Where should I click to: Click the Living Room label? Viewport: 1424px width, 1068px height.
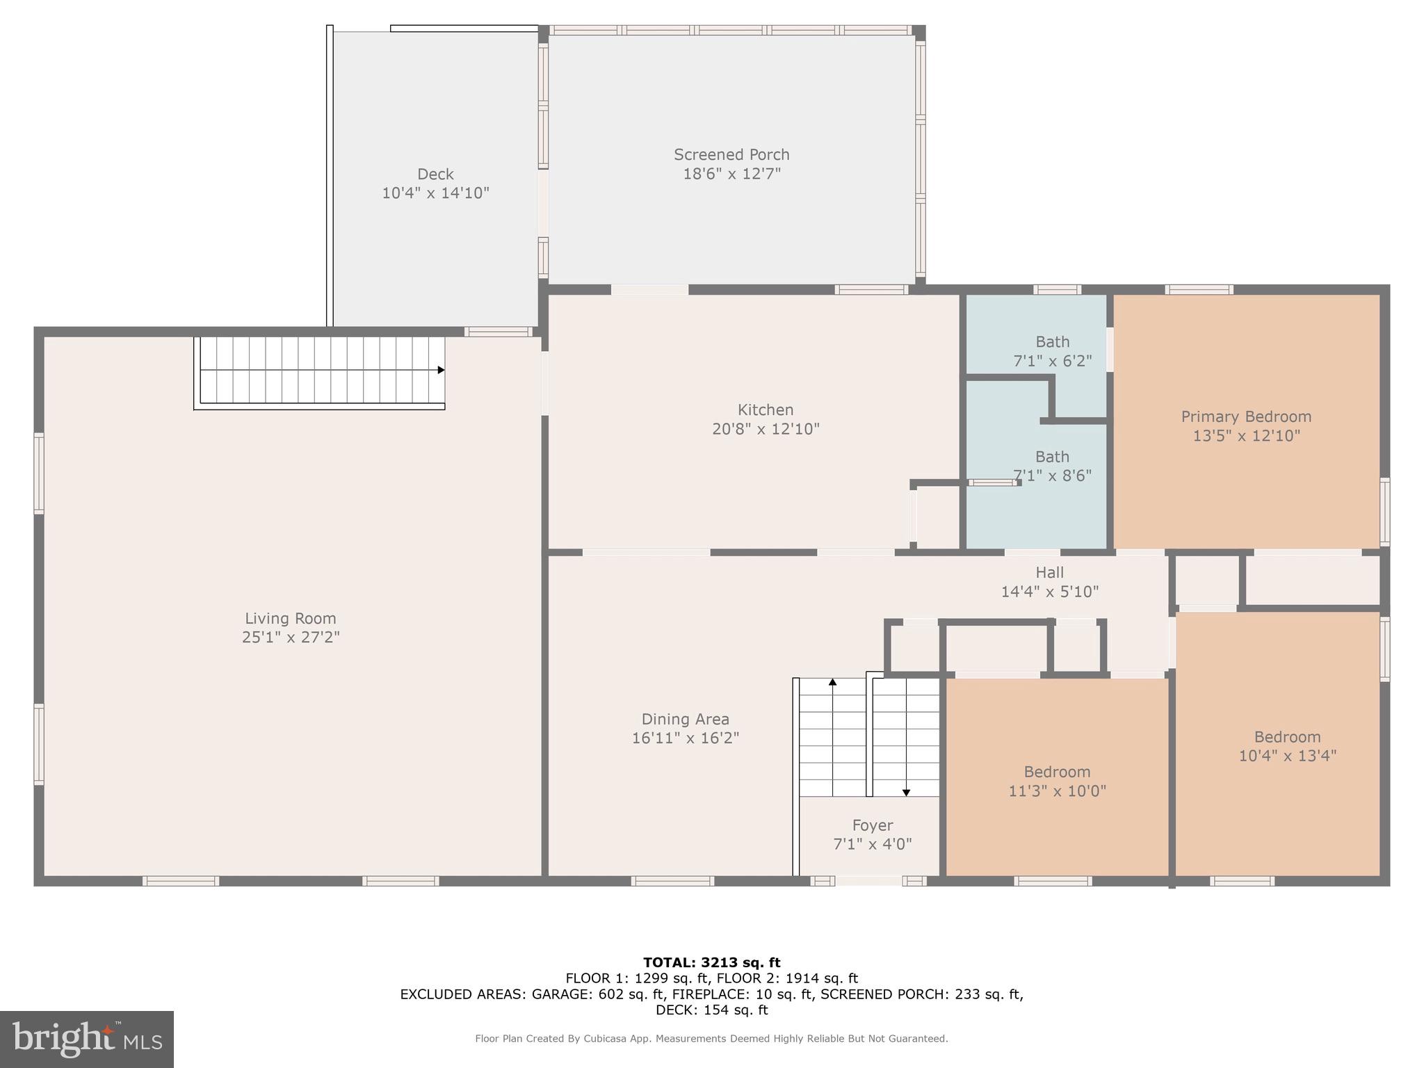click(x=290, y=618)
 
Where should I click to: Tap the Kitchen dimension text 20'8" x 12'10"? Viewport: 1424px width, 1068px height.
click(x=766, y=429)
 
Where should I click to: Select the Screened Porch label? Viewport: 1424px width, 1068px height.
click(x=731, y=154)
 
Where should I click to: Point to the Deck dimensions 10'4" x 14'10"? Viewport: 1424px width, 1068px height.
click(x=435, y=193)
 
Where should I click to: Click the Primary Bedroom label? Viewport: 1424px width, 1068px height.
click(x=1246, y=416)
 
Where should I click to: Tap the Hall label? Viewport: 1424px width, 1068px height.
click(x=1049, y=572)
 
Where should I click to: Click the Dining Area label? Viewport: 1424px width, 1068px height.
click(x=685, y=719)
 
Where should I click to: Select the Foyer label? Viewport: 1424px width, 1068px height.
click(x=872, y=825)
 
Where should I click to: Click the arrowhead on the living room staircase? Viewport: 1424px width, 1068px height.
click(x=441, y=370)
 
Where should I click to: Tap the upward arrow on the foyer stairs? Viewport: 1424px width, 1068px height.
click(x=832, y=682)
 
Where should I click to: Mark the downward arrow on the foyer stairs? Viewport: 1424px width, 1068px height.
click(x=906, y=792)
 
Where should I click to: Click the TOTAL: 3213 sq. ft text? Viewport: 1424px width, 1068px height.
click(x=711, y=962)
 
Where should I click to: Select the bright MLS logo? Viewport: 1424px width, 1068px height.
click(x=87, y=1039)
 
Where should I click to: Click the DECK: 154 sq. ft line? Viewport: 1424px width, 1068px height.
click(x=711, y=1010)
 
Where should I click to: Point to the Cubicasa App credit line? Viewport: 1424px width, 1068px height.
click(x=711, y=1038)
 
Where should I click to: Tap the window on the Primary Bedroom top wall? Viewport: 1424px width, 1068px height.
click(x=1199, y=289)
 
